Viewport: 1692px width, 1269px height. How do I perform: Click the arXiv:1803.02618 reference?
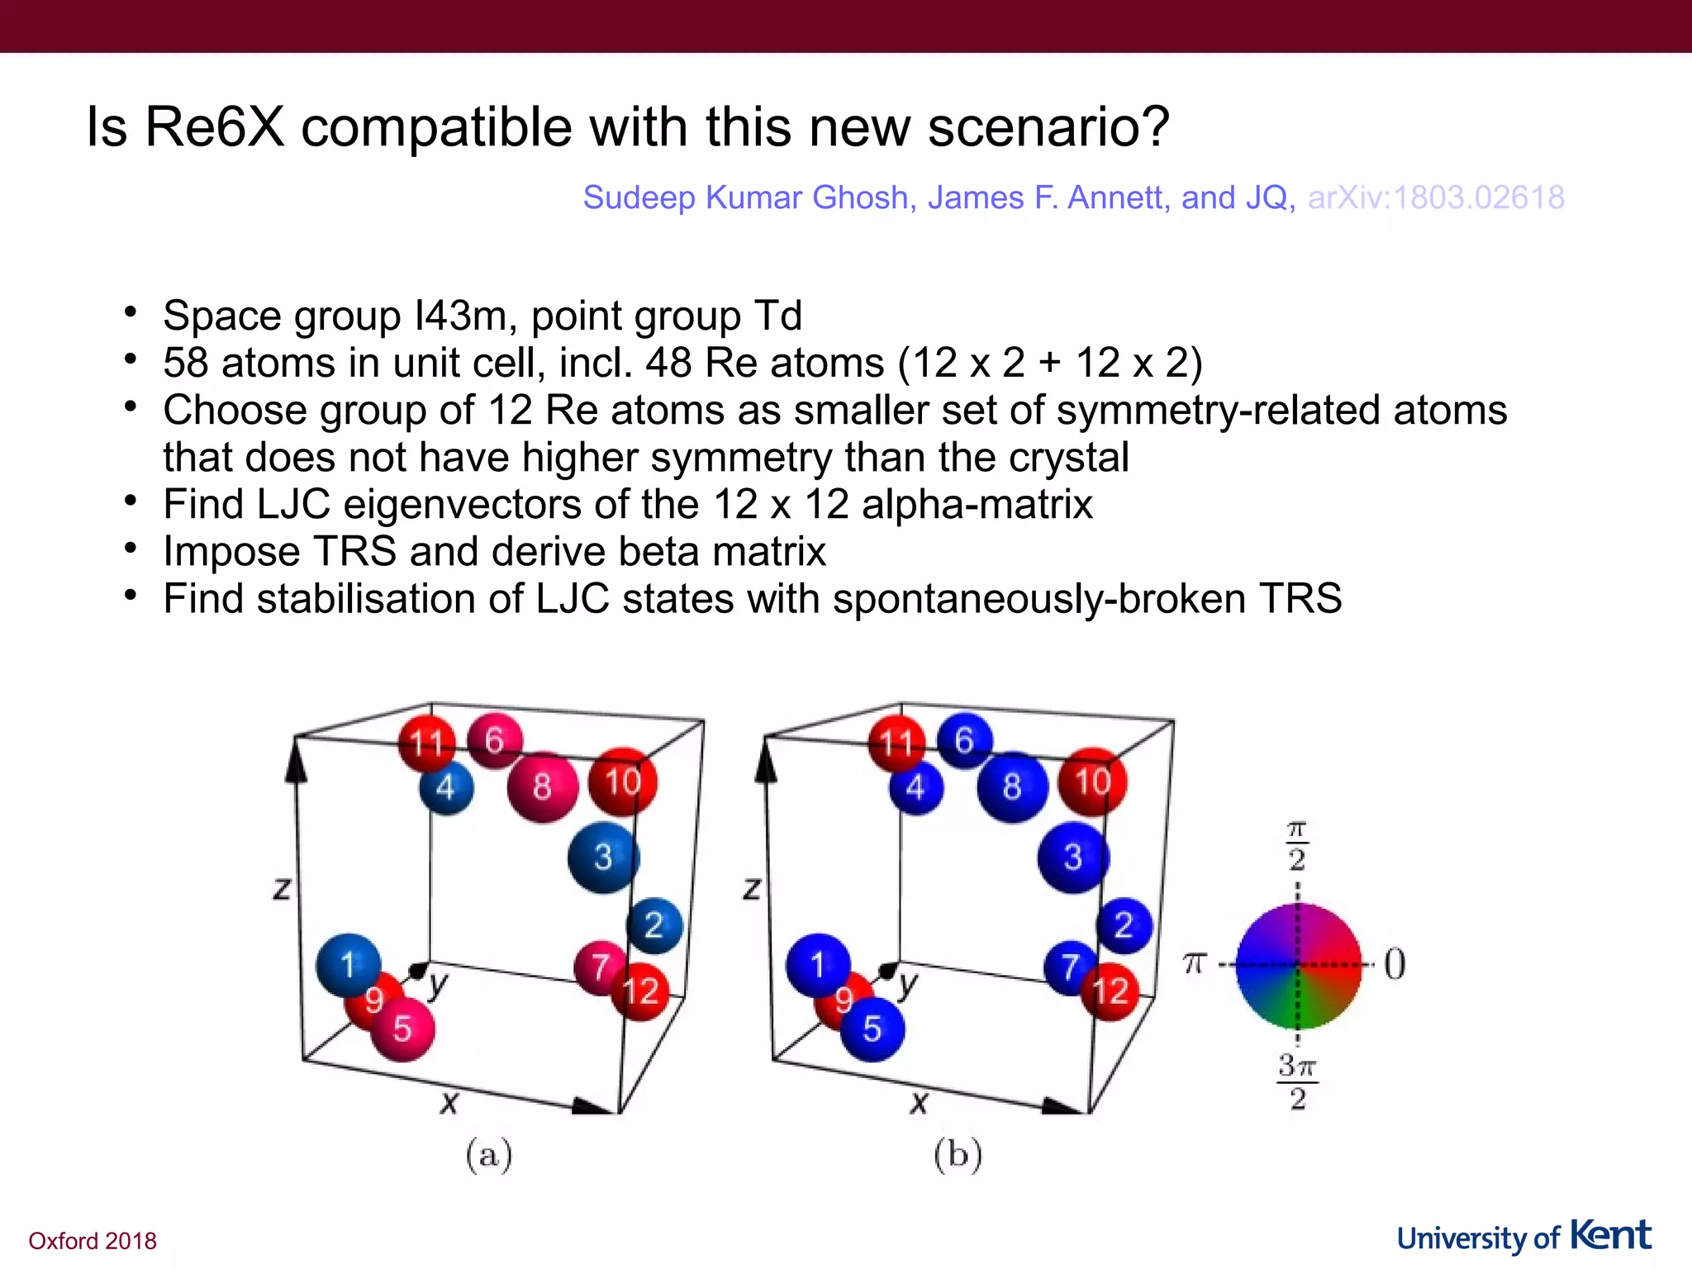pyautogui.click(x=1436, y=197)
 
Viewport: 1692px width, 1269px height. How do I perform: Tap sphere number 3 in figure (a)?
pyautogui.click(x=603, y=858)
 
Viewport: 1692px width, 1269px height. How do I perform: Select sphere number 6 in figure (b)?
pyautogui.click(x=964, y=740)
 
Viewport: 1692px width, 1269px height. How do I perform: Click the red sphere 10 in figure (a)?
pyautogui.click(x=622, y=782)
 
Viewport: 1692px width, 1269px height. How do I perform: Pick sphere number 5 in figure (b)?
pyautogui.click(x=872, y=1029)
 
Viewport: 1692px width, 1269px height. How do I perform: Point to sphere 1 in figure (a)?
pyautogui.click(x=348, y=965)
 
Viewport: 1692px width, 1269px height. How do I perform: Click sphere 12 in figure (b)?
pyautogui.click(x=1110, y=992)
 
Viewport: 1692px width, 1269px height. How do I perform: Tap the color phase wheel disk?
pyautogui.click(x=1297, y=965)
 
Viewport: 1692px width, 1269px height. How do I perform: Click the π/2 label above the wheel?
pyautogui.click(x=1297, y=846)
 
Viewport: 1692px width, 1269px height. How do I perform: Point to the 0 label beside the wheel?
pyautogui.click(x=1395, y=963)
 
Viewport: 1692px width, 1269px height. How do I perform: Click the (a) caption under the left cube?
pyautogui.click(x=489, y=1154)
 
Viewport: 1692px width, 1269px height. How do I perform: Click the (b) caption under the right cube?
pyautogui.click(x=958, y=1154)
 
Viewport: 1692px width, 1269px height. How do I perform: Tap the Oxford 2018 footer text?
pyautogui.click(x=93, y=1241)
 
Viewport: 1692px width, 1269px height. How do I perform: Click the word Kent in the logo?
pyautogui.click(x=1610, y=1235)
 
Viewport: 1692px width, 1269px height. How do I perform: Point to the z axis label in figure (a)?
pyautogui.click(x=282, y=889)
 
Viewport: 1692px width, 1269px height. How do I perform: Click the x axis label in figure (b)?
pyautogui.click(x=919, y=1101)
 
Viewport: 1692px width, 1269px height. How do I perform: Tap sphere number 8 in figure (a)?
pyautogui.click(x=542, y=787)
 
